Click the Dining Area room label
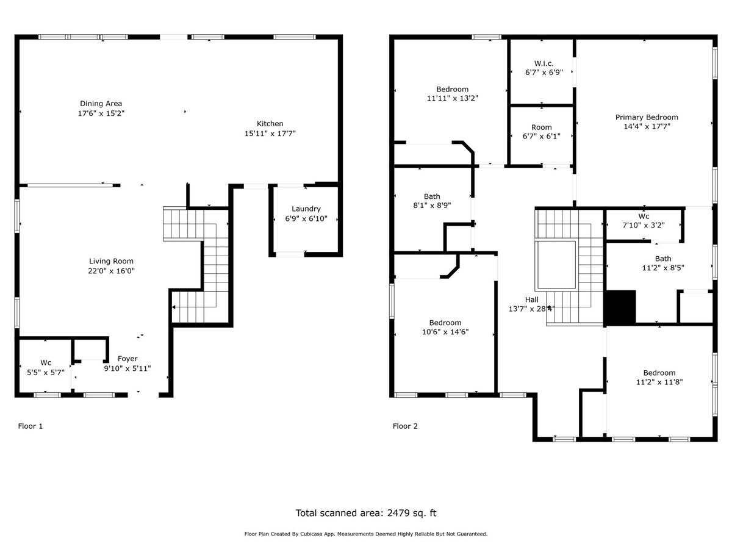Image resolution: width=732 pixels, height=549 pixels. point(101,104)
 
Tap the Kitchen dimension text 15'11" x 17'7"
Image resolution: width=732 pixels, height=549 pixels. point(270,133)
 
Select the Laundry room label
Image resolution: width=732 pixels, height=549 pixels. point(306,209)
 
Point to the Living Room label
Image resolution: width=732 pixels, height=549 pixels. point(111,261)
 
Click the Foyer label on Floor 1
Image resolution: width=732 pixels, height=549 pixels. point(127,359)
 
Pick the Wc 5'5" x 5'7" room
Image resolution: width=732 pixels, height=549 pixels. point(46,367)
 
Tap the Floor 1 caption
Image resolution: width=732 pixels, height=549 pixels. point(30,426)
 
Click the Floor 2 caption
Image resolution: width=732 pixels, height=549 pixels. point(405,426)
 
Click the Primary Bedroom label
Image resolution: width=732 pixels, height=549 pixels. point(647,118)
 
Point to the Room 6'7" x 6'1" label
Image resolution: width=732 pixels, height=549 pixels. point(541,127)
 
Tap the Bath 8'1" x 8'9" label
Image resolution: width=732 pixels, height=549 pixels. point(432,196)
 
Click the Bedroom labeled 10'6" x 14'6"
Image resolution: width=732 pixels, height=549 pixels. point(445,323)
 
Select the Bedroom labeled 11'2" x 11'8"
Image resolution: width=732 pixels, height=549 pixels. point(659,373)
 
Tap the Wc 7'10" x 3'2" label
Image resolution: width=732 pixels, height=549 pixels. point(644,217)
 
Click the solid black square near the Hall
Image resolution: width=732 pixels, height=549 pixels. point(620,307)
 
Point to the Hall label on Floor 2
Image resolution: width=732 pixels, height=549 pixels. point(532,300)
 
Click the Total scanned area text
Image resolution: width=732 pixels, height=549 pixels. point(366,513)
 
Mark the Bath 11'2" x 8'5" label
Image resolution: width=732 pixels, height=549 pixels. point(662,259)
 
